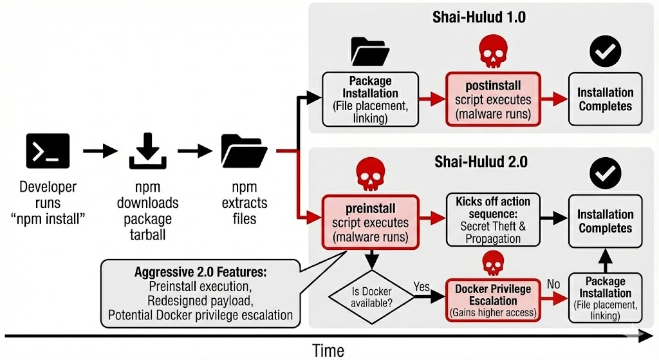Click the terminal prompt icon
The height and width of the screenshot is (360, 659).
click(x=48, y=151)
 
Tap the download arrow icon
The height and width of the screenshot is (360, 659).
click(x=147, y=151)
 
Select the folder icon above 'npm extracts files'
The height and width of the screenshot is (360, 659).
click(x=244, y=151)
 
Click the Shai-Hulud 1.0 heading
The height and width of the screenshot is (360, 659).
click(x=479, y=17)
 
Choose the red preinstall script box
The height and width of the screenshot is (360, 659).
click(x=369, y=222)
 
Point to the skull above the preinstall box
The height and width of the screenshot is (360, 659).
click(x=370, y=174)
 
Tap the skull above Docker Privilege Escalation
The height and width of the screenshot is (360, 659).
click(x=492, y=264)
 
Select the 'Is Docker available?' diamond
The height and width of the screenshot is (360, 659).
click(x=371, y=296)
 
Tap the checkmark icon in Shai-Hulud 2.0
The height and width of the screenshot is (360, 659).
click(x=605, y=173)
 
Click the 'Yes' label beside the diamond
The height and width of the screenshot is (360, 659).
click(x=422, y=286)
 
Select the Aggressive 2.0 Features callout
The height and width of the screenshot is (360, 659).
click(x=200, y=293)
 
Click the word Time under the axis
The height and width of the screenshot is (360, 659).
click(x=328, y=350)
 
